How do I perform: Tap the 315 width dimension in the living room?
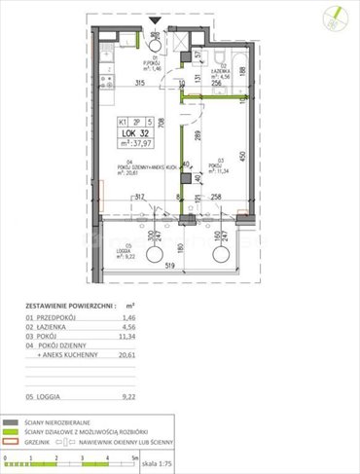[x=139, y=83]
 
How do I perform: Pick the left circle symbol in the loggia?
[x=155, y=254]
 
